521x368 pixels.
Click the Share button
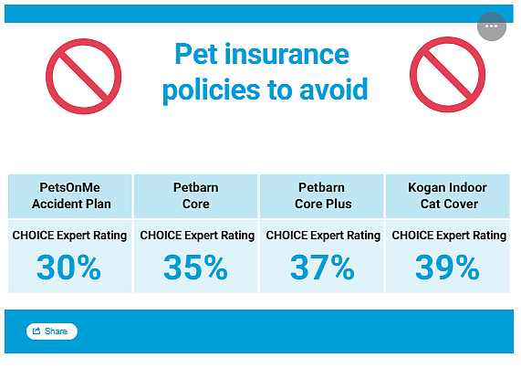tap(52, 331)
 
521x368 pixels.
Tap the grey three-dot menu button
tap(492, 26)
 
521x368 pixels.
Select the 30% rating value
tap(68, 268)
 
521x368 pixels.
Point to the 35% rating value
tap(195, 268)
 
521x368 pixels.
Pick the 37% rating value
tap(322, 268)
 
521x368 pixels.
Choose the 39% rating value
tap(447, 268)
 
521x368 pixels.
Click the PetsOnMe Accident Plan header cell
tap(70, 196)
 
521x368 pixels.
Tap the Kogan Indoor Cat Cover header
tap(448, 196)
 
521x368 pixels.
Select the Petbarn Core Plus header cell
tap(322, 196)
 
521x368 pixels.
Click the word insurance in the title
tap(287, 54)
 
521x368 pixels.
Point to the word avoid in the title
tap(334, 89)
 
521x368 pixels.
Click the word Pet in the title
tap(196, 54)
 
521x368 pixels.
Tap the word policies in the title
tap(212, 90)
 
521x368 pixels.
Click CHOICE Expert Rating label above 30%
tap(69, 236)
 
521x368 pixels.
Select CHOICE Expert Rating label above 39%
tap(449, 236)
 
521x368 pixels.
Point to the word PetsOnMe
tap(69, 187)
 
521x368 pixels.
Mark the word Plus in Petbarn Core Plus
tap(339, 204)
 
